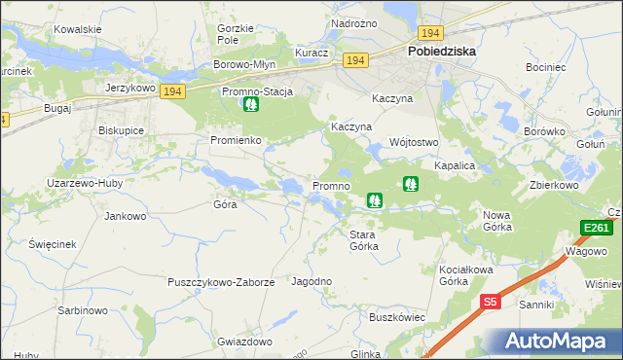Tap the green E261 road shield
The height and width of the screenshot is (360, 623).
tap(596, 229)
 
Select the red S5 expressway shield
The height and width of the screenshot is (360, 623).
tap(491, 303)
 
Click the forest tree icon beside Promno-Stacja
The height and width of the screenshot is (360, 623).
tap(251, 104)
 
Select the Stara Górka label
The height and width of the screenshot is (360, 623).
tap(364, 240)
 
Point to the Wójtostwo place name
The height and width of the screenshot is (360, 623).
tap(415, 141)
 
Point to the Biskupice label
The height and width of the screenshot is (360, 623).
tap(122, 129)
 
